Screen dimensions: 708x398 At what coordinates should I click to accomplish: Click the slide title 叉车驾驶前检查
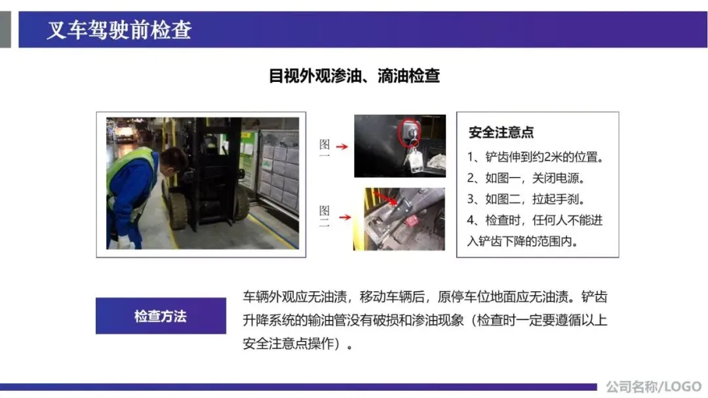(x=119, y=30)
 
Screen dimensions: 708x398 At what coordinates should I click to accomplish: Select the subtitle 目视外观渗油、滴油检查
(x=354, y=76)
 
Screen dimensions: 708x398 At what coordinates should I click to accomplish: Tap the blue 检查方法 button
(x=161, y=316)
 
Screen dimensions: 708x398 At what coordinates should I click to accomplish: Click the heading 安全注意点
(x=501, y=132)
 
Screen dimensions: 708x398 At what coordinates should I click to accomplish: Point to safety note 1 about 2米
(x=536, y=157)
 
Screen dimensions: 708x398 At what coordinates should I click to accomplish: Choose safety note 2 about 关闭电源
(x=526, y=178)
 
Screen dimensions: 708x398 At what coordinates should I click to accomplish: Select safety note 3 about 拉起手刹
(x=526, y=199)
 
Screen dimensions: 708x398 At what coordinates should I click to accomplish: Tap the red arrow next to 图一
(x=342, y=146)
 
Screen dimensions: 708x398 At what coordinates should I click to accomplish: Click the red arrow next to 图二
(x=345, y=217)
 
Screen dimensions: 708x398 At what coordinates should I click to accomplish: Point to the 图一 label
(x=324, y=148)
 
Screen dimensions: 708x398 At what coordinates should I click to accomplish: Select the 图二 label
(x=324, y=216)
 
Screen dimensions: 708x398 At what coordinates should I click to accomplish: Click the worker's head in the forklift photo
(x=173, y=161)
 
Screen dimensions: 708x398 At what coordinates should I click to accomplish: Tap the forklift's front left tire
(x=177, y=209)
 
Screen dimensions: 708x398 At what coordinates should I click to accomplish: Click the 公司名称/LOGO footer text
(x=654, y=387)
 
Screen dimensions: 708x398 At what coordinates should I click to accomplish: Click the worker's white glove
(x=125, y=243)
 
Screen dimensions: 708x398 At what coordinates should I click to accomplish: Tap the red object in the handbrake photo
(x=411, y=222)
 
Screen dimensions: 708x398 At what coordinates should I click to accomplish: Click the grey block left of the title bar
(x=5, y=30)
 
